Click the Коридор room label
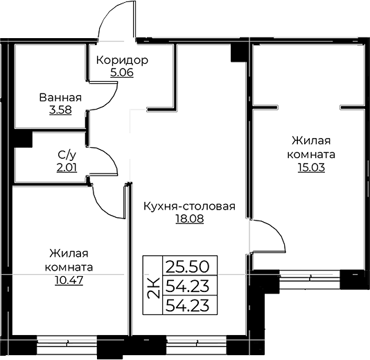[122, 61]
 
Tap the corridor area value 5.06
[122, 73]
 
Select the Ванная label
[60, 98]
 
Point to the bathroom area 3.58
[60, 110]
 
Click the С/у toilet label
[67, 155]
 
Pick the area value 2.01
[67, 168]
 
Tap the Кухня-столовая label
[190, 206]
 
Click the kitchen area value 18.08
[190, 218]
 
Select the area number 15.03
[311, 167]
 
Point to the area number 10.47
[69, 280]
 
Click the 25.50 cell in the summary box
[188, 266]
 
